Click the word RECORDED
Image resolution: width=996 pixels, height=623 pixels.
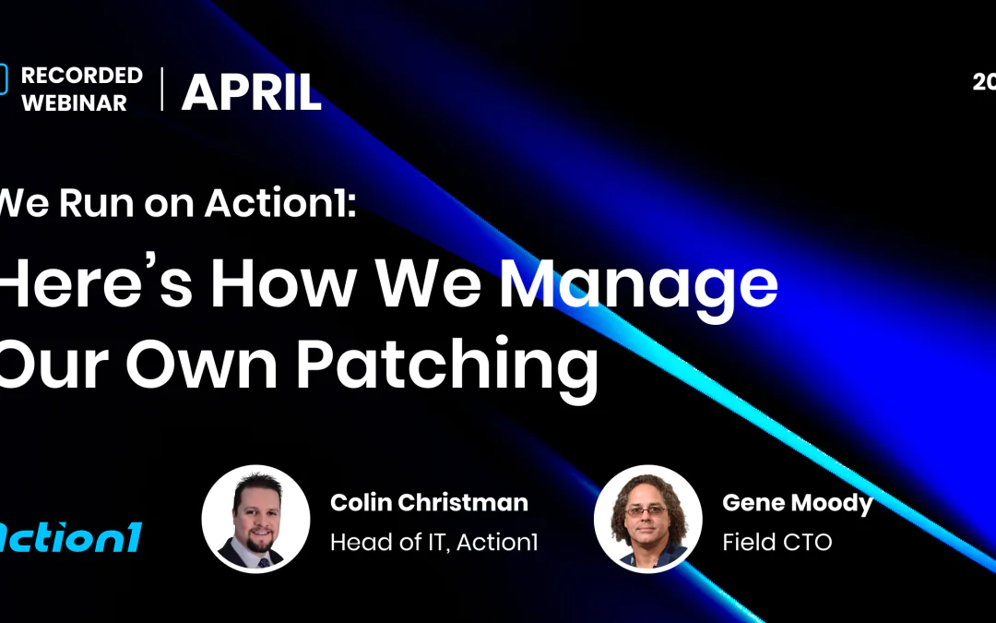[82, 76]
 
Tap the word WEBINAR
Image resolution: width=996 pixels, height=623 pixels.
[75, 103]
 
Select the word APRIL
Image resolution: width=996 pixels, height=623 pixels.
[251, 92]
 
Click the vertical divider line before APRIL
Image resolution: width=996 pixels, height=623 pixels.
[162, 90]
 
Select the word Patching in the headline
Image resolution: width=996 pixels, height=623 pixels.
[446, 364]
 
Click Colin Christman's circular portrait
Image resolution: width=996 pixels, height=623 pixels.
[255, 518]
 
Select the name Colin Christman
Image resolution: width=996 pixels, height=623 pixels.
[429, 503]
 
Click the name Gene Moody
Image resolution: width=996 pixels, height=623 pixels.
[798, 503]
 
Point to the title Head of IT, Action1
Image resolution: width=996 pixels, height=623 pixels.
[433, 542]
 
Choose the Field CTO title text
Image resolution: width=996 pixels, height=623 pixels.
[777, 542]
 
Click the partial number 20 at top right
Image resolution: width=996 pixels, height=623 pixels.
[984, 82]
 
